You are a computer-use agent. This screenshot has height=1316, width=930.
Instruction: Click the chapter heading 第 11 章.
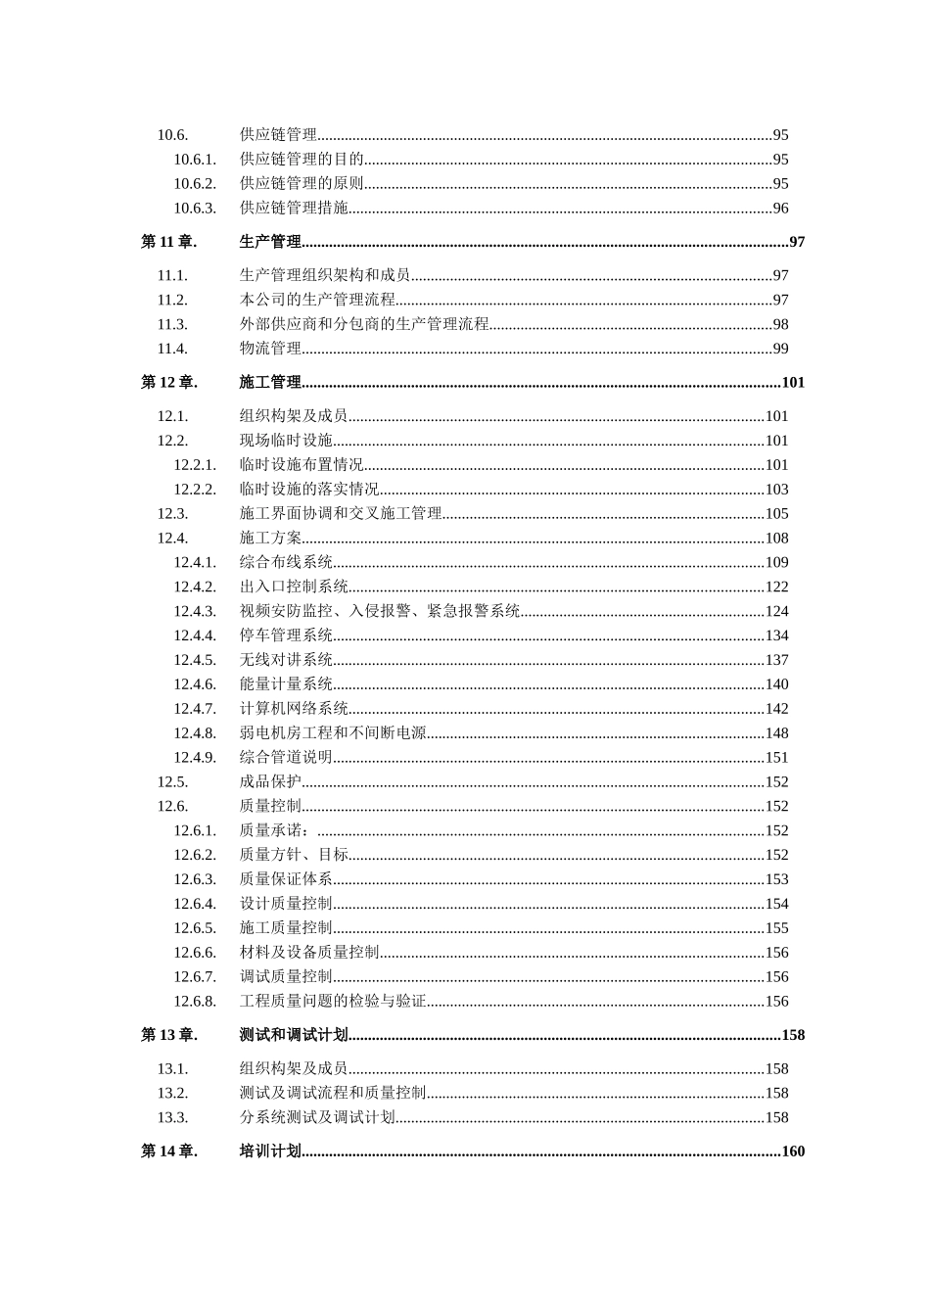click(169, 242)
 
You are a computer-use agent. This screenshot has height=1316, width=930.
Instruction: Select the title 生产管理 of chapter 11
click(270, 242)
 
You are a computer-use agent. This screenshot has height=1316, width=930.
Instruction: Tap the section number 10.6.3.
click(195, 208)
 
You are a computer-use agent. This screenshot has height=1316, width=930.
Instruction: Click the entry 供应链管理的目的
click(302, 159)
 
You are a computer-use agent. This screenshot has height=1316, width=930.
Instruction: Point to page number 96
click(780, 208)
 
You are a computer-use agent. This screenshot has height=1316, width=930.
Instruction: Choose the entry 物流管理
click(270, 349)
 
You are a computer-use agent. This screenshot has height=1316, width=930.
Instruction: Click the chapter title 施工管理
click(270, 382)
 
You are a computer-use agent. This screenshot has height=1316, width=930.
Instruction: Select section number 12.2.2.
click(195, 490)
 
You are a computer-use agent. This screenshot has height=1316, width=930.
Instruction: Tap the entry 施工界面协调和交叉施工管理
click(341, 514)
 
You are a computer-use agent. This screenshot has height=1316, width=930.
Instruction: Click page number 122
click(776, 587)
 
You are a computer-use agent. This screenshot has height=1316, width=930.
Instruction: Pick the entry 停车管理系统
click(286, 635)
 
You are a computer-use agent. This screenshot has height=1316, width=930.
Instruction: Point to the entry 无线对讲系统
click(286, 660)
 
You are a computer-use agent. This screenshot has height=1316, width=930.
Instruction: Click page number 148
click(776, 733)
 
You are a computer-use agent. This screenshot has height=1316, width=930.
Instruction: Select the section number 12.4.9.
click(195, 758)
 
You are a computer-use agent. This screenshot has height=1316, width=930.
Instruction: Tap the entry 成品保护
click(270, 782)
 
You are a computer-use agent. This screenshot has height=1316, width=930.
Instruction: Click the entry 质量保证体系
click(286, 879)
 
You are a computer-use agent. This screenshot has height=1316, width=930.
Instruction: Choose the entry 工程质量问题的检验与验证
click(333, 1002)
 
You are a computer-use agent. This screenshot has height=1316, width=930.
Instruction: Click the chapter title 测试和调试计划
click(294, 1035)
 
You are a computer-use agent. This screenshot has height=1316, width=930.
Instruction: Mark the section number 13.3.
click(172, 1117)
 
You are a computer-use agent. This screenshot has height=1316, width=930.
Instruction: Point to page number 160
click(793, 1151)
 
